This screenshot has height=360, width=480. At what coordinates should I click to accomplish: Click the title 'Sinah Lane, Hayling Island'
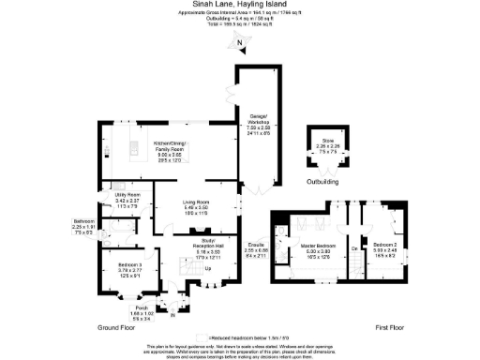(238, 5)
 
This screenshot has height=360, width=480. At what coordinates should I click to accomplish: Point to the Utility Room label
(127, 197)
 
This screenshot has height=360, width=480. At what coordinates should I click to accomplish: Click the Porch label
(142, 308)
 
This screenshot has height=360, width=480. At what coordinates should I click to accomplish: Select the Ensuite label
(255, 247)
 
